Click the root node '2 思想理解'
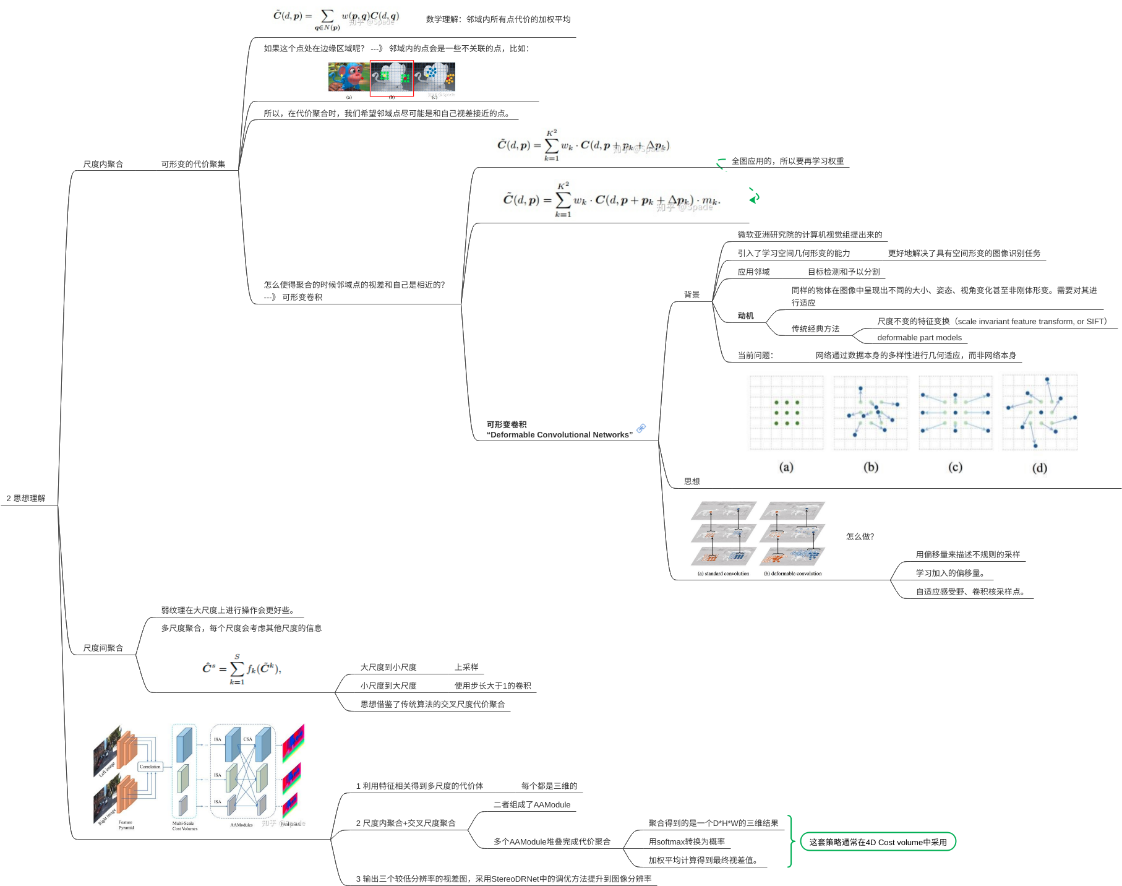(x=26, y=498)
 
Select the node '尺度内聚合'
(x=103, y=164)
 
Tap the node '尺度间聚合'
(x=103, y=648)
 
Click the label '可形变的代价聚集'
(x=193, y=164)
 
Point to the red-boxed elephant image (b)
(x=392, y=78)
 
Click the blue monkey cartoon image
(x=348, y=77)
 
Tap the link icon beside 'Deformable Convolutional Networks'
(x=641, y=428)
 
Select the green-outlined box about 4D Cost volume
(x=878, y=842)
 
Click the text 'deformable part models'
(x=919, y=338)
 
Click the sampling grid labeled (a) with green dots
(x=786, y=413)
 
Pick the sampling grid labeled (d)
(x=1040, y=413)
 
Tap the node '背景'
(x=692, y=295)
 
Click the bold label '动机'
(x=745, y=316)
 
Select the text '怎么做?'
(x=860, y=536)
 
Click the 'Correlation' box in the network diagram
(x=150, y=767)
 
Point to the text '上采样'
(x=466, y=667)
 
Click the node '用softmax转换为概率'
(x=687, y=842)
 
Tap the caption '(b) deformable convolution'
(x=792, y=574)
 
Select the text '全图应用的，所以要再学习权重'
(x=787, y=161)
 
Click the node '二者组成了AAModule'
(x=532, y=805)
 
